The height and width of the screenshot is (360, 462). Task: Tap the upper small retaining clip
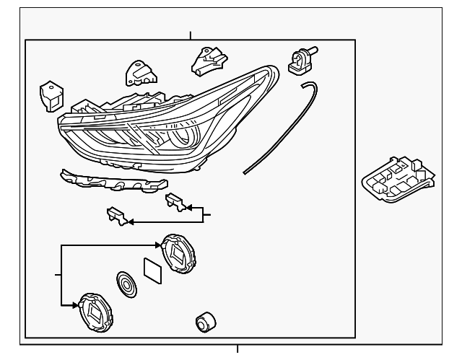coord(175,202)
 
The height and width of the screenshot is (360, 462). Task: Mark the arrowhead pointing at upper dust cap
coord(162,246)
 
